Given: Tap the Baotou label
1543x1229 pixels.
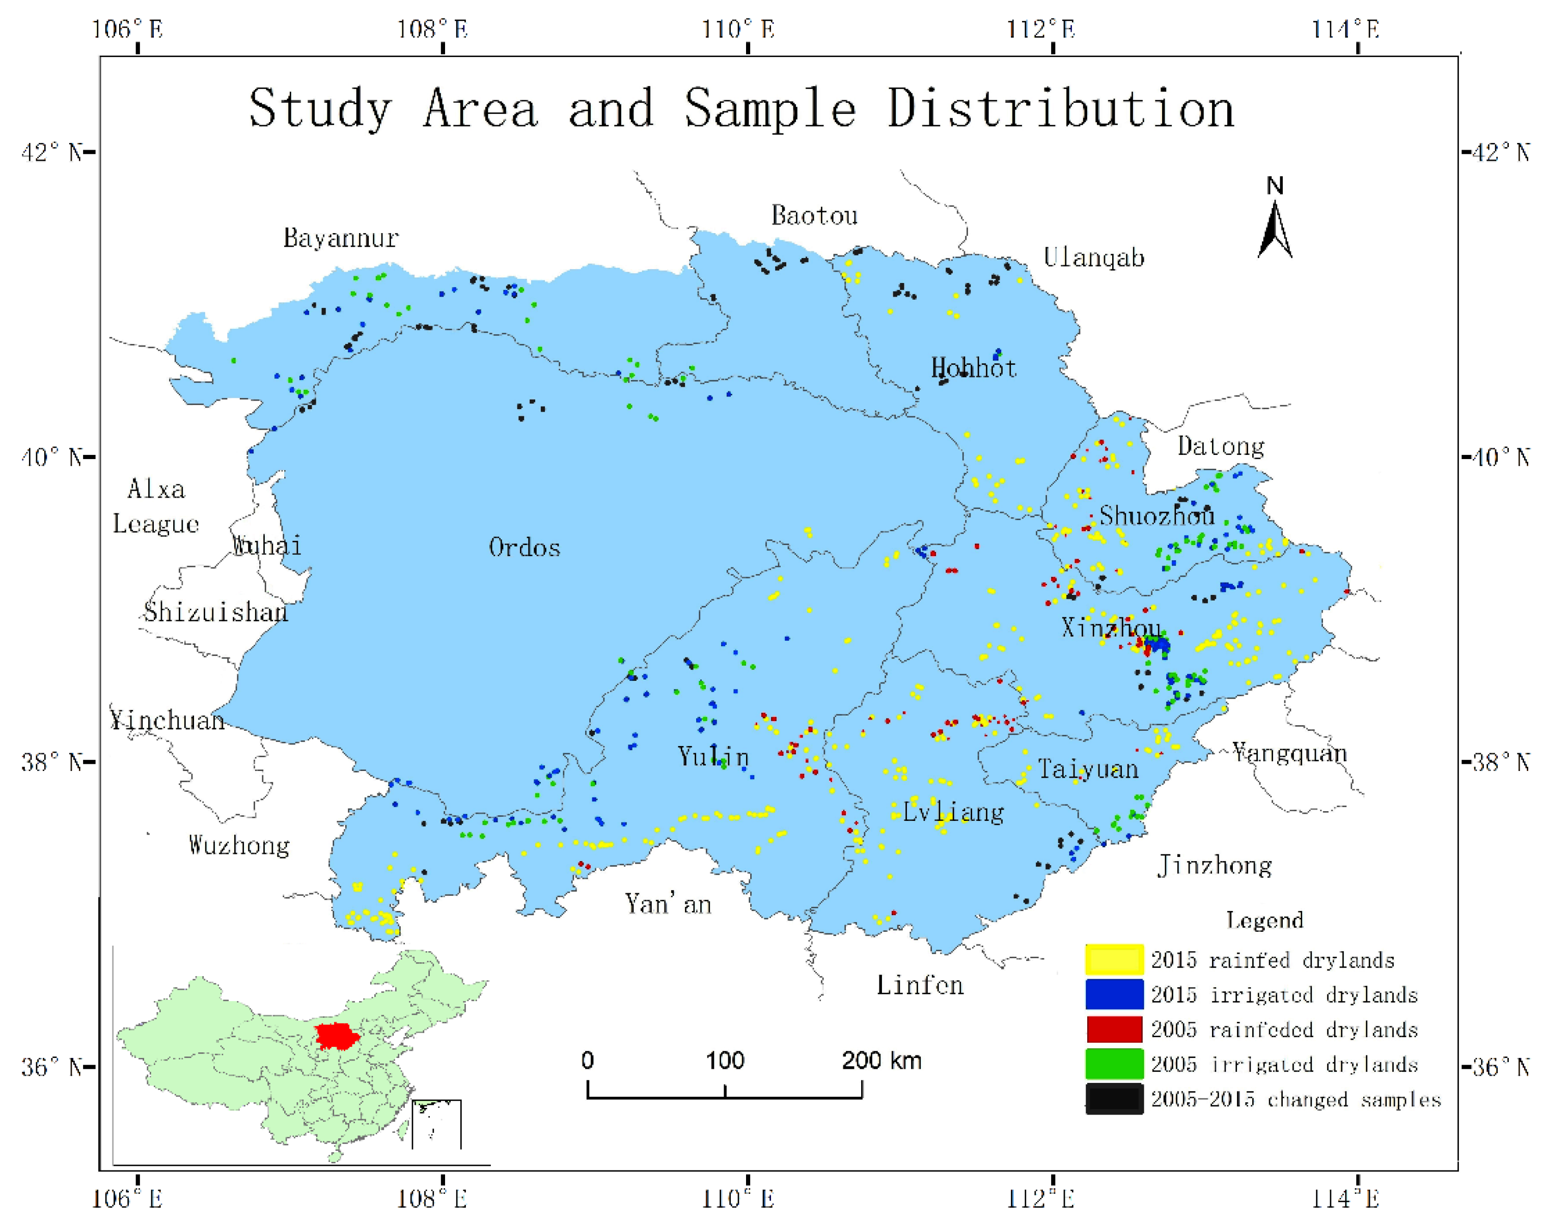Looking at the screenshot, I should [x=814, y=215].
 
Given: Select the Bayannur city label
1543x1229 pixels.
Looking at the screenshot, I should [x=341, y=238].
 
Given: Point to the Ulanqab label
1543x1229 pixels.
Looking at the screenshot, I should [x=1093, y=257].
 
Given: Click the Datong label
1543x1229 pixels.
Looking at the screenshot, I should [x=1221, y=446].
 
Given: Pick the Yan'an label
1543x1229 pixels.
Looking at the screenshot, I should [x=668, y=904].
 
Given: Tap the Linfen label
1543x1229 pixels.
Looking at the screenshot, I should [x=920, y=985].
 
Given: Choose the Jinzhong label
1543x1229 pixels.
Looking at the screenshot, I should [x=1215, y=866].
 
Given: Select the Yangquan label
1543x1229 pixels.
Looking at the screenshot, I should [x=1289, y=753].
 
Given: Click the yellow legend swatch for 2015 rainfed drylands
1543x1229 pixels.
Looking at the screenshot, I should [x=1114, y=959].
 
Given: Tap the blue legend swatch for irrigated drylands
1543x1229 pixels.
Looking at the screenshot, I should [x=1114, y=994].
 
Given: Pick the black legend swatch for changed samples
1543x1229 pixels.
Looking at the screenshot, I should [x=1114, y=1099].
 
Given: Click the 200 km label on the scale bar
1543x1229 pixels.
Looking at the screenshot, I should [x=881, y=1060].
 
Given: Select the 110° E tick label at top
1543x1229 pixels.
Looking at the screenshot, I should [x=738, y=30].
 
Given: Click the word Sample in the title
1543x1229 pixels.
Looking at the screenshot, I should [x=770, y=109].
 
